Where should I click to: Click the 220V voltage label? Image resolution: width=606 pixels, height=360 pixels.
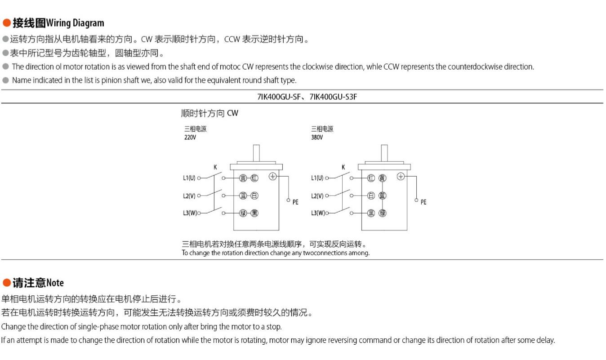click(190, 138)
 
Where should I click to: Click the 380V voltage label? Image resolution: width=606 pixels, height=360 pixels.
click(317, 138)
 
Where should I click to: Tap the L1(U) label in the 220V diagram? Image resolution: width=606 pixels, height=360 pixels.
click(189, 178)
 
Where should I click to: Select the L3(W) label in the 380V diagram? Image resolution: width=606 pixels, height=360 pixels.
click(317, 213)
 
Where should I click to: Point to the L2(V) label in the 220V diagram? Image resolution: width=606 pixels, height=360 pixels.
click(189, 196)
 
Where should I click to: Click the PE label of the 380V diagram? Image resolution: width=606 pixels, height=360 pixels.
click(423, 202)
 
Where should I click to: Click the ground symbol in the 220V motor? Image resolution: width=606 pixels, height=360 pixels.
click(272, 177)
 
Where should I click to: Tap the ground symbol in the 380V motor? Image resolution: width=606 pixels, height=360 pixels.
click(401, 177)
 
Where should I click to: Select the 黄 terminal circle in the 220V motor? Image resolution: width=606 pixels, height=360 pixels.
click(243, 178)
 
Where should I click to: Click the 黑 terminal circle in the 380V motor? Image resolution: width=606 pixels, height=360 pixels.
click(371, 213)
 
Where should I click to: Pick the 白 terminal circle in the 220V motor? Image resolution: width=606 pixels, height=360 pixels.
click(254, 196)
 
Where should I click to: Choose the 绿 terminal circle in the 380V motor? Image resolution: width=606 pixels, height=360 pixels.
click(382, 213)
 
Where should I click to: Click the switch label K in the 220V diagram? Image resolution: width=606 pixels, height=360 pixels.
click(215, 167)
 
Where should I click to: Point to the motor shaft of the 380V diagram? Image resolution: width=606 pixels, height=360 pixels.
click(384, 153)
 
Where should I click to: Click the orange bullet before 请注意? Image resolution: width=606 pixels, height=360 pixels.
click(6, 283)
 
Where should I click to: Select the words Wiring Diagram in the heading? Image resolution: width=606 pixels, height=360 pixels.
click(75, 23)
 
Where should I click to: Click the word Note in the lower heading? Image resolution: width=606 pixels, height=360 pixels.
click(55, 283)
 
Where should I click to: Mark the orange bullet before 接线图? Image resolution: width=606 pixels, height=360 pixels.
click(6, 22)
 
